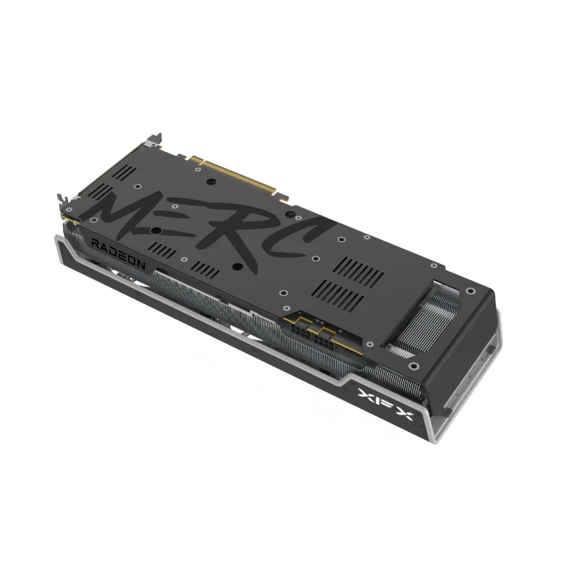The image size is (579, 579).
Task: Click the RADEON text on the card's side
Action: click(x=118, y=254)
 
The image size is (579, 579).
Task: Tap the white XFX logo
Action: click(x=385, y=404)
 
